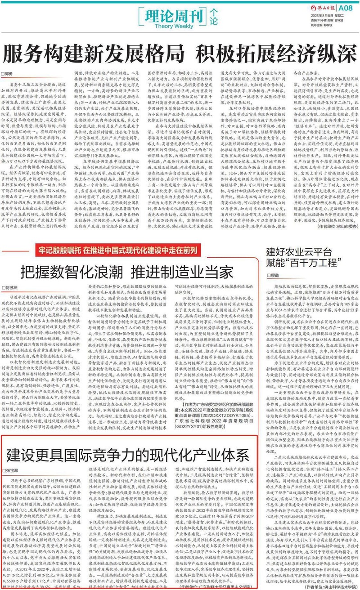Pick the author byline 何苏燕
tap(12, 286)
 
